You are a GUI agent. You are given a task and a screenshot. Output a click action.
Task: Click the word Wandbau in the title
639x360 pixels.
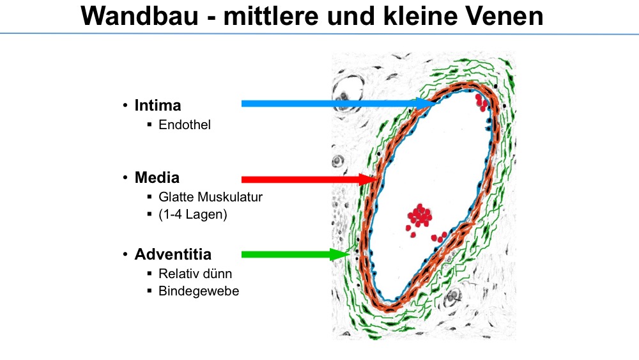(x=139, y=17)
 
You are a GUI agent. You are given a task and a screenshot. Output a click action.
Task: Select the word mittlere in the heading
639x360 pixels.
(x=271, y=17)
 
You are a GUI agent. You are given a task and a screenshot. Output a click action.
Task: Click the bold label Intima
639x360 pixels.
(x=158, y=106)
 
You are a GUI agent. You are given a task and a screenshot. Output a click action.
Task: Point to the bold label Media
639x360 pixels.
(x=157, y=178)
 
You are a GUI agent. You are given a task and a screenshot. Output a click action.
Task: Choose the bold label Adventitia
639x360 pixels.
(x=173, y=254)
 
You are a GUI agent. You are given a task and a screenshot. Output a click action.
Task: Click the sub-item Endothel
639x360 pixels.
(x=185, y=125)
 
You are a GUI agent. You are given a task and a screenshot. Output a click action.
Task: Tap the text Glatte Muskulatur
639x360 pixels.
(x=210, y=197)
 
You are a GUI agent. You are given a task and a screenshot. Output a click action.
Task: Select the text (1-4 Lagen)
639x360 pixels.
(x=193, y=214)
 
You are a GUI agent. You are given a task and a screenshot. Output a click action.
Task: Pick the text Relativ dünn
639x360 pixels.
(x=195, y=274)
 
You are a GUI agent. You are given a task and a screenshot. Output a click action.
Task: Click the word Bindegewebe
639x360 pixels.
(x=199, y=291)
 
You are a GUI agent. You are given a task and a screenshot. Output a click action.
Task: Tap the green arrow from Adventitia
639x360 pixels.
(x=296, y=254)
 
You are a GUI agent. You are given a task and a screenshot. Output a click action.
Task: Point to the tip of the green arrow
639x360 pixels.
(x=350, y=254)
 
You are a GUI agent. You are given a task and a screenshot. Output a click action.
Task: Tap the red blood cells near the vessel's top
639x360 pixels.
(x=482, y=102)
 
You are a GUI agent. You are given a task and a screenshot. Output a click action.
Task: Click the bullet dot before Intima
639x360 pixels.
(x=125, y=106)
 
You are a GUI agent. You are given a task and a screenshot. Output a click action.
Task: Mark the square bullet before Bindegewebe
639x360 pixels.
(x=150, y=291)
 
